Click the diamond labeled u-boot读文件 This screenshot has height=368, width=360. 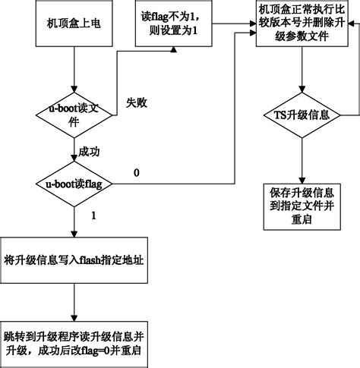click(74, 115)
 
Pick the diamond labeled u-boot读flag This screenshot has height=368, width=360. click(74, 184)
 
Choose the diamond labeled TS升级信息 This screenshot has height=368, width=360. click(302, 115)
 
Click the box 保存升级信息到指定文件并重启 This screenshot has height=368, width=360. click(302, 204)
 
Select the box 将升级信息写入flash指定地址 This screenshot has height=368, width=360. click(74, 260)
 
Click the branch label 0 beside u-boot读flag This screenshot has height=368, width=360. click(137, 174)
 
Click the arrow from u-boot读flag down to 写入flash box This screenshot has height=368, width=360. click(74, 220)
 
